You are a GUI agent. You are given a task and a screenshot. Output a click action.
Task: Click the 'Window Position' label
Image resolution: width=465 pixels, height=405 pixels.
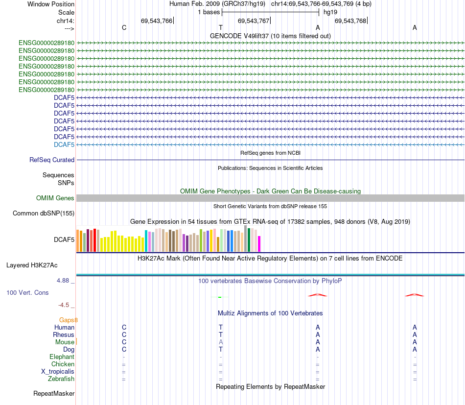[x=51, y=4]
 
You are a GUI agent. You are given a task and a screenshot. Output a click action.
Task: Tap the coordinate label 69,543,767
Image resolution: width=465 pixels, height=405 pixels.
[x=253, y=21]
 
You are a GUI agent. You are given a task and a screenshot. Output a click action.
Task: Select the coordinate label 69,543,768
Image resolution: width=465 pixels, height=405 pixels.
[x=350, y=21]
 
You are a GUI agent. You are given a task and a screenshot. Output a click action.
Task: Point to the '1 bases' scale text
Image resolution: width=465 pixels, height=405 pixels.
[x=209, y=12]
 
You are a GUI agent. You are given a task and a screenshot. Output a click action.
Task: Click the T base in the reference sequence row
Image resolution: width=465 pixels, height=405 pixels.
[x=221, y=28]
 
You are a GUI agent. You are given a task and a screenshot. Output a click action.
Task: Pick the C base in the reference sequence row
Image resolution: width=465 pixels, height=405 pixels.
[x=124, y=28]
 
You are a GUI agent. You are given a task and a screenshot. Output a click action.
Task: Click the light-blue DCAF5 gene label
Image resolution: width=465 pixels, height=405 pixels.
[x=64, y=144]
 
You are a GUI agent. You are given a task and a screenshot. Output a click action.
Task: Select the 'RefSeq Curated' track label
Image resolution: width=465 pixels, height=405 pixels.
[x=52, y=160]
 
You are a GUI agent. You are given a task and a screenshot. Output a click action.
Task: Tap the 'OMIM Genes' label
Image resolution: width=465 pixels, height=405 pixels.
[x=55, y=198]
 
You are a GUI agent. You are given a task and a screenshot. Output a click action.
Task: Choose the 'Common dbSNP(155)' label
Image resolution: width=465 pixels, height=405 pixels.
[x=44, y=213]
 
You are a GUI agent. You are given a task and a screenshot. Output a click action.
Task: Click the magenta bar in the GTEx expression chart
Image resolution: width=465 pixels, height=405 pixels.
[x=259, y=244]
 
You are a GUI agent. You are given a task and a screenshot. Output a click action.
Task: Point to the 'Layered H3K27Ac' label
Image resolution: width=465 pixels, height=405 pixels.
[x=32, y=265]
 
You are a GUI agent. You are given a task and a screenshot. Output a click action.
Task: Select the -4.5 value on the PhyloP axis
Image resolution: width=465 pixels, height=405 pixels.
[x=64, y=305]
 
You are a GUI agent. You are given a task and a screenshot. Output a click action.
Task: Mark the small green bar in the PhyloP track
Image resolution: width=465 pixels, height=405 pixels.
[x=220, y=297]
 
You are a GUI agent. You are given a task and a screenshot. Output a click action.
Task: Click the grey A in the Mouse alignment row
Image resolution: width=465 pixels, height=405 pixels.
[x=221, y=342]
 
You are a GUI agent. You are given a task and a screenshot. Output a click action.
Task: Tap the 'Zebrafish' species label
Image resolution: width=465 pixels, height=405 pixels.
[x=61, y=379]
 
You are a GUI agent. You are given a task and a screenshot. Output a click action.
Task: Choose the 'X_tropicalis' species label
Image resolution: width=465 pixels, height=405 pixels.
[x=58, y=371]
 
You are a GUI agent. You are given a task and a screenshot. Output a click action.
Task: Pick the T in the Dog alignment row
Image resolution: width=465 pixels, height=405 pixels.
[x=221, y=349]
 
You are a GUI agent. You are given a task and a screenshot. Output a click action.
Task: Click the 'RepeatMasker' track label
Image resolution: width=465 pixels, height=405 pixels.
[x=54, y=393]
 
